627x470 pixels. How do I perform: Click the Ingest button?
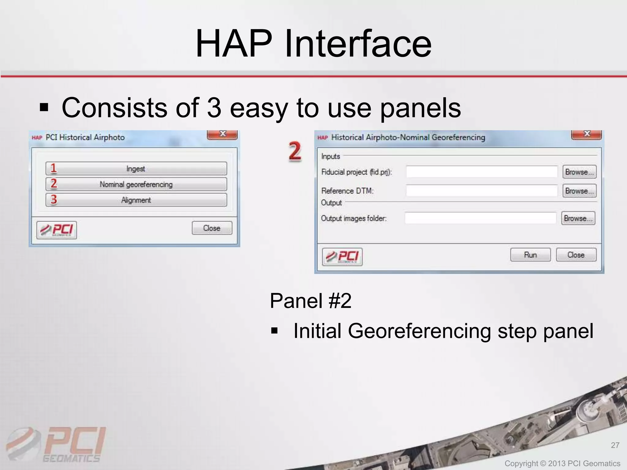136,169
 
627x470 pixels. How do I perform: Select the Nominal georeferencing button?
136,184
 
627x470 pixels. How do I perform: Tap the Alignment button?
136,200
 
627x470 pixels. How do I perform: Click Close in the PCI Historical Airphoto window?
212,228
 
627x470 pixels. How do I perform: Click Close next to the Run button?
576,255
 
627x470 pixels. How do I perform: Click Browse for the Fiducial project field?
579,172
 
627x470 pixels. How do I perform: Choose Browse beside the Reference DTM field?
579,191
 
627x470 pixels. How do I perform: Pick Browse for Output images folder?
578,218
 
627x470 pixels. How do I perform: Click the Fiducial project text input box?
482,172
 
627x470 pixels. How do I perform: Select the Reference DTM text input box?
482,191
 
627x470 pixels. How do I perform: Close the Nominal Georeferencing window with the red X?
586,134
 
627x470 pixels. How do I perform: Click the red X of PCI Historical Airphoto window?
222,134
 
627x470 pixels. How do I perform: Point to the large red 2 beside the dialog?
295,151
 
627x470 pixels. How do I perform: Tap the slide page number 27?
615,445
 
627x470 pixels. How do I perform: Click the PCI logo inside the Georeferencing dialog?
342,257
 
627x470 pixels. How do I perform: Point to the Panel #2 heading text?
310,301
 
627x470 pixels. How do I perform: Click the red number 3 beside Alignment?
54,200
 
